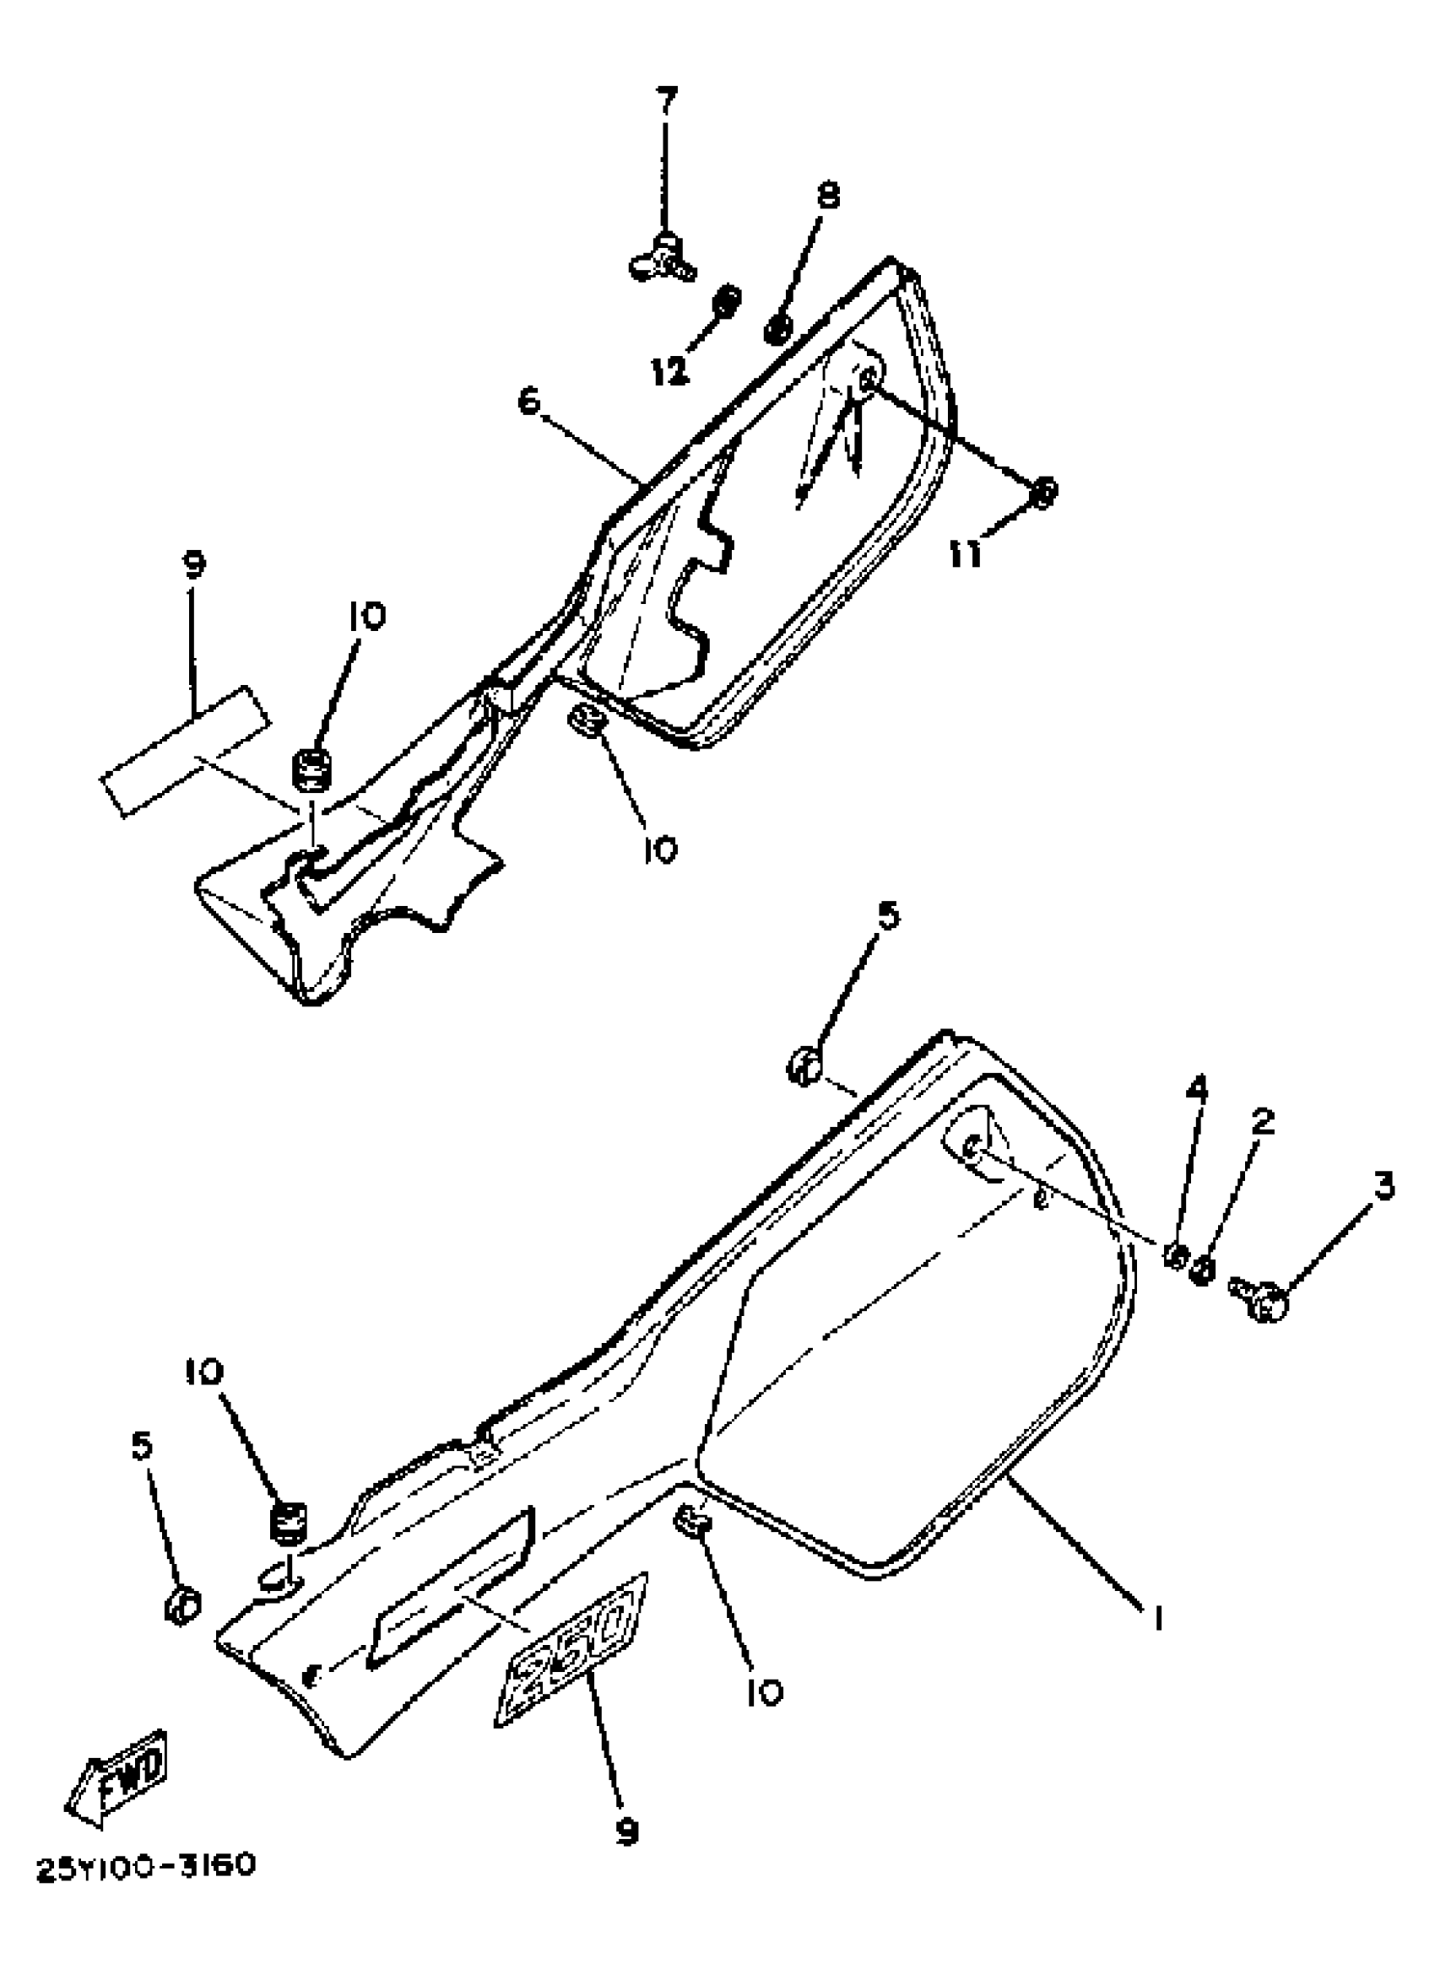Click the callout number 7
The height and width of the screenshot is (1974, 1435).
point(665,102)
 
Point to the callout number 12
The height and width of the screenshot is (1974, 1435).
point(670,372)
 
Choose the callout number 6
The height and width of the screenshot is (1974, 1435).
point(530,402)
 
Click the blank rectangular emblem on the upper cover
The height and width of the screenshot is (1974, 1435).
point(185,751)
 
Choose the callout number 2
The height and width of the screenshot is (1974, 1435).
point(1264,1121)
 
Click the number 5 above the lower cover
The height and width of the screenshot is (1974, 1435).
point(887,915)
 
